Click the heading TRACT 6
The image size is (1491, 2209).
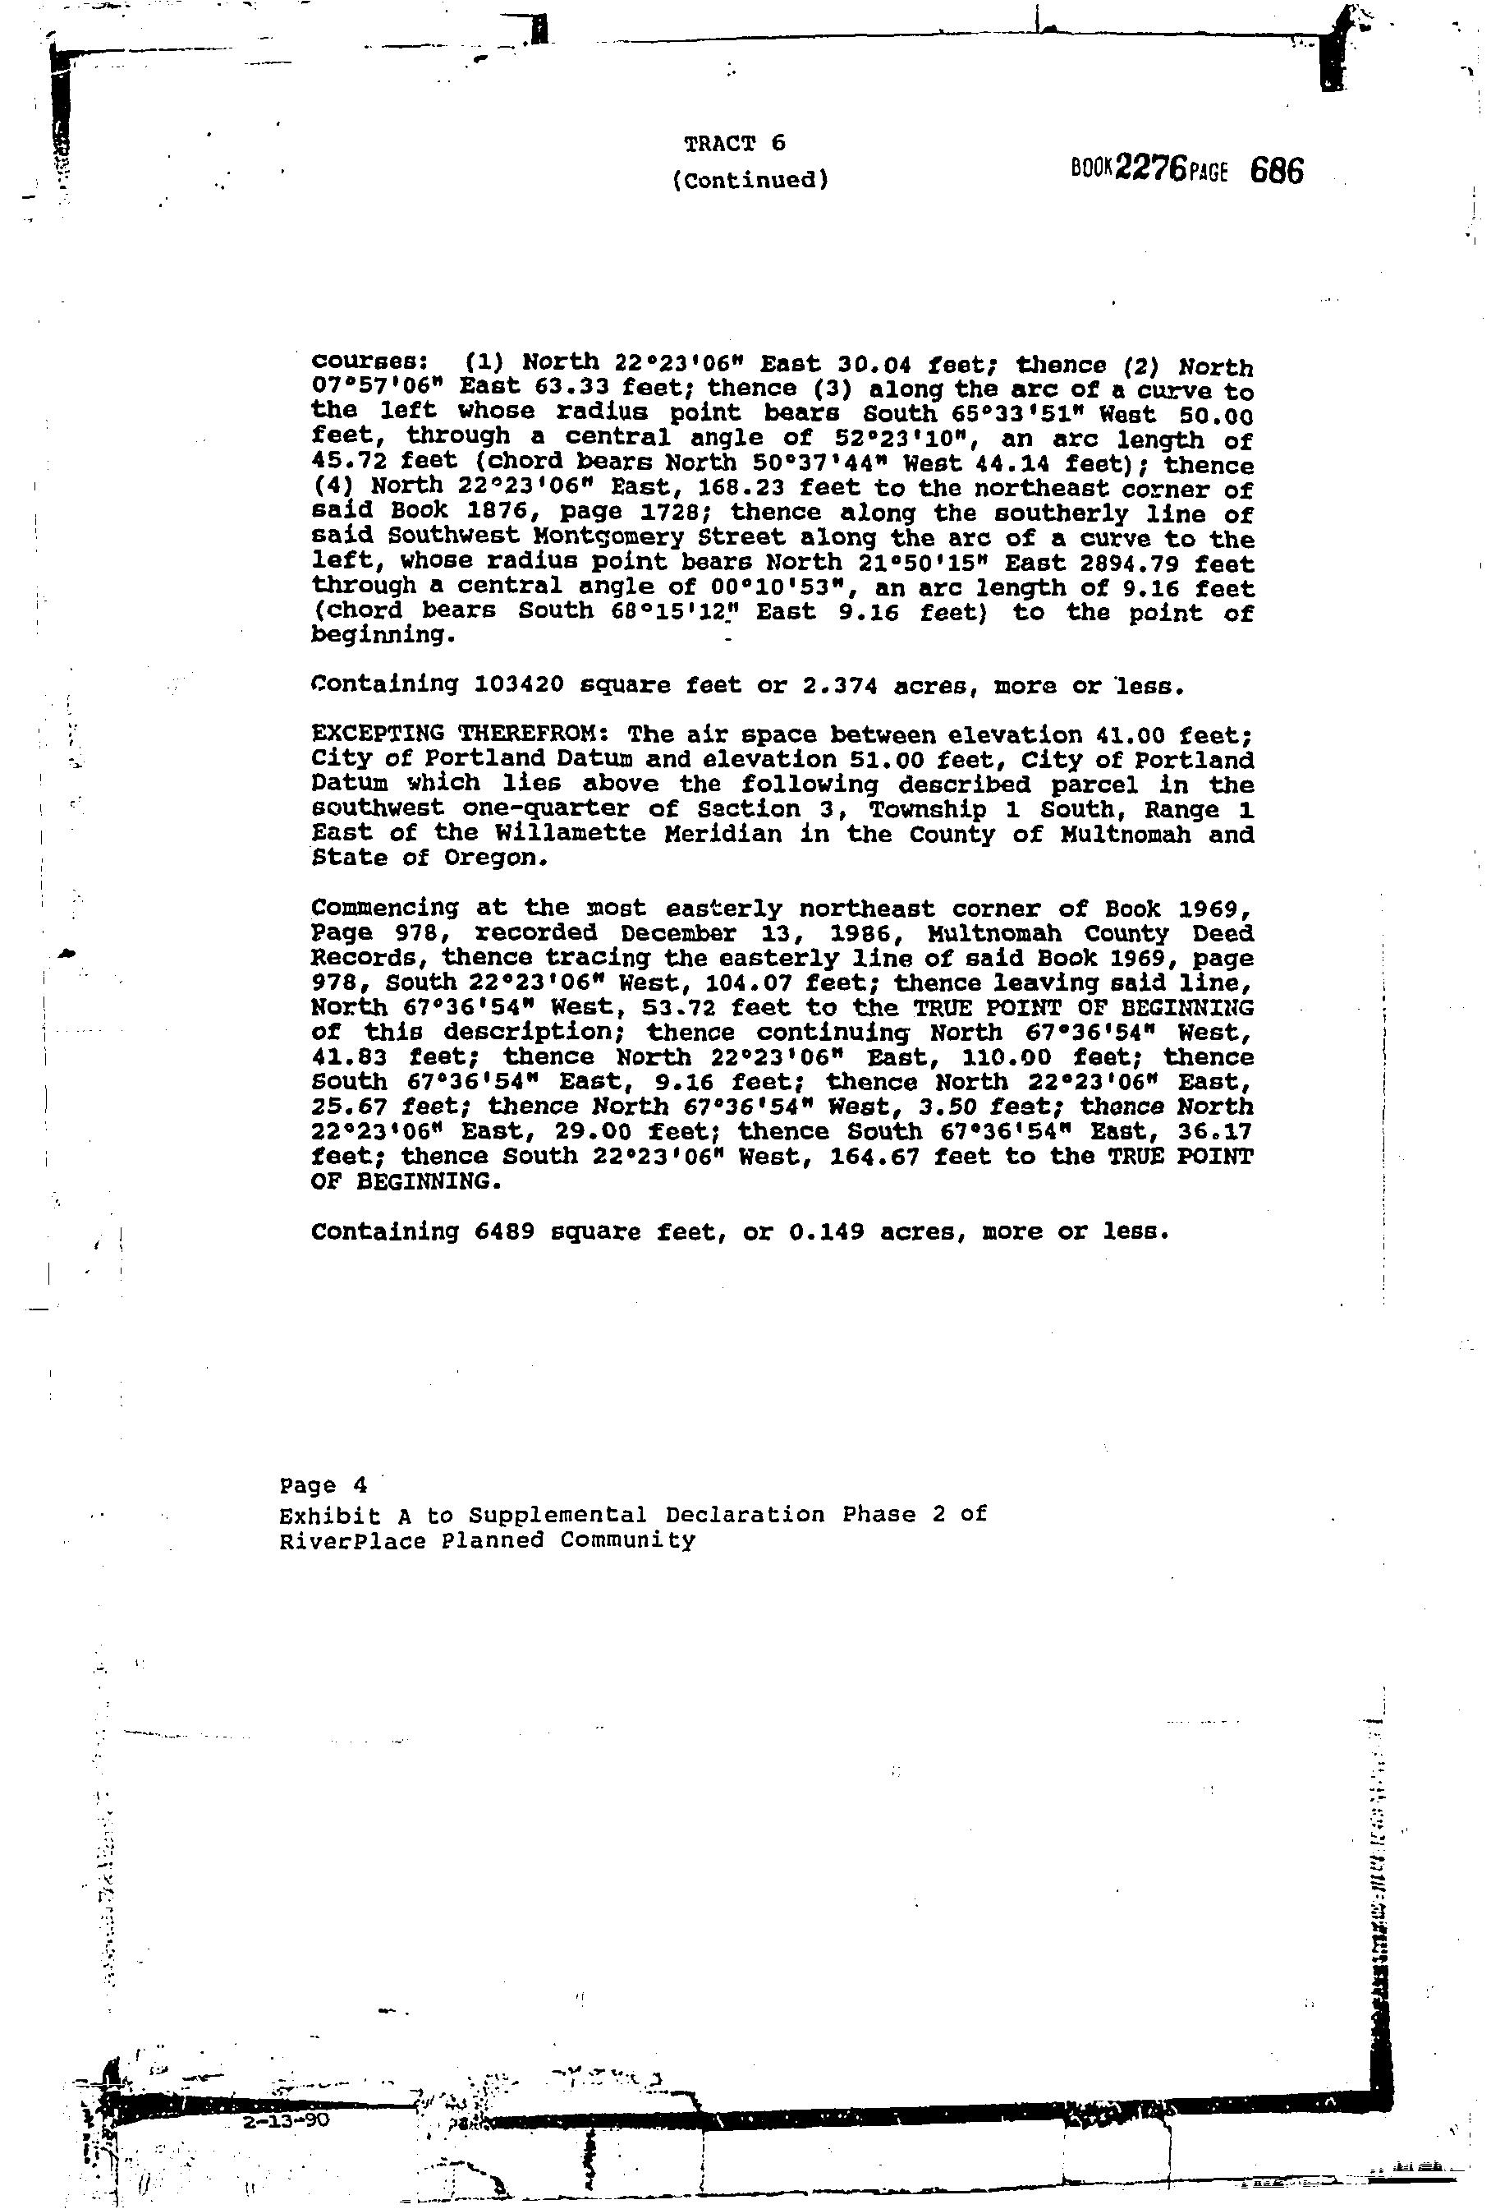735,144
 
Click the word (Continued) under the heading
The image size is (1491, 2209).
750,180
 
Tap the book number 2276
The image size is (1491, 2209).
1152,169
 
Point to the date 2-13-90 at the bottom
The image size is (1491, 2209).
286,2119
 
